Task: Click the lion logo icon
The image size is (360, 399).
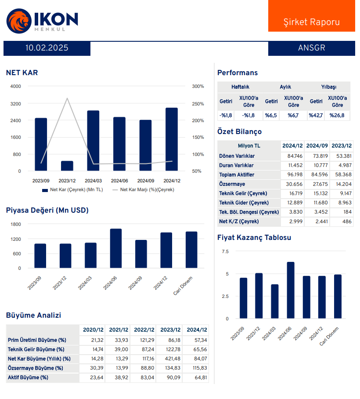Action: (18, 21)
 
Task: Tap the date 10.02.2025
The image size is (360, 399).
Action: (47, 48)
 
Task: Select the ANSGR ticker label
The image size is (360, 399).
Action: (311, 48)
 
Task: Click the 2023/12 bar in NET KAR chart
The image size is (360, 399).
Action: (67, 166)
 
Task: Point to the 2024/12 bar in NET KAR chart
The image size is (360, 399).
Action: (172, 139)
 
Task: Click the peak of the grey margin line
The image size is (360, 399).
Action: (67, 98)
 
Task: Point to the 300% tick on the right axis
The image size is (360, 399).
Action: (198, 87)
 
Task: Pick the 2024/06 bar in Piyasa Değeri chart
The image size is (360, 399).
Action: (116, 248)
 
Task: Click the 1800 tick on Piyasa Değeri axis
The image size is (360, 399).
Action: (15, 224)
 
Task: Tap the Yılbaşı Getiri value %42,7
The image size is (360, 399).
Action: (316, 116)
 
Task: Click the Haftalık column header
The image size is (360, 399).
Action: (240, 87)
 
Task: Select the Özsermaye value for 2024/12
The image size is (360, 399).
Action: (292, 184)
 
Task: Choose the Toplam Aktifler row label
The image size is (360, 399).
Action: (237, 175)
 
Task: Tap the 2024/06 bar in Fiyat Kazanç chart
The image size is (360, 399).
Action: (291, 290)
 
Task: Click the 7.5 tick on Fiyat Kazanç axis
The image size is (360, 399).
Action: (225, 252)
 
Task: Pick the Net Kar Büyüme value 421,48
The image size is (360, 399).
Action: (170, 359)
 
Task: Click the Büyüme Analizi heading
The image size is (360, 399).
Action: (33, 316)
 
